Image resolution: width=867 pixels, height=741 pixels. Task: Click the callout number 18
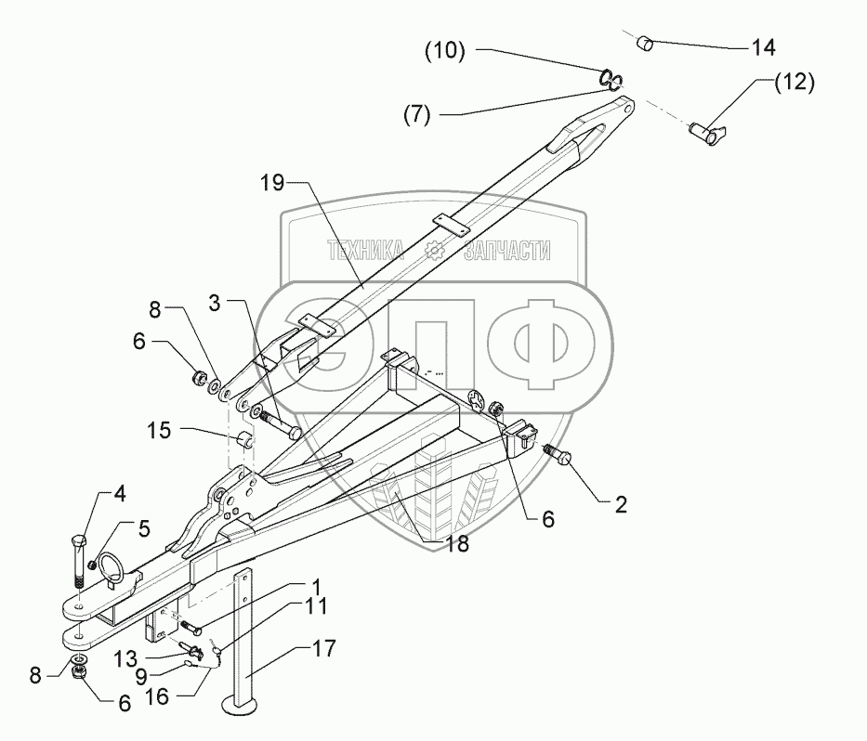click(x=453, y=545)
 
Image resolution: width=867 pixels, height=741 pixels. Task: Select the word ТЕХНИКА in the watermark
click(x=365, y=250)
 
